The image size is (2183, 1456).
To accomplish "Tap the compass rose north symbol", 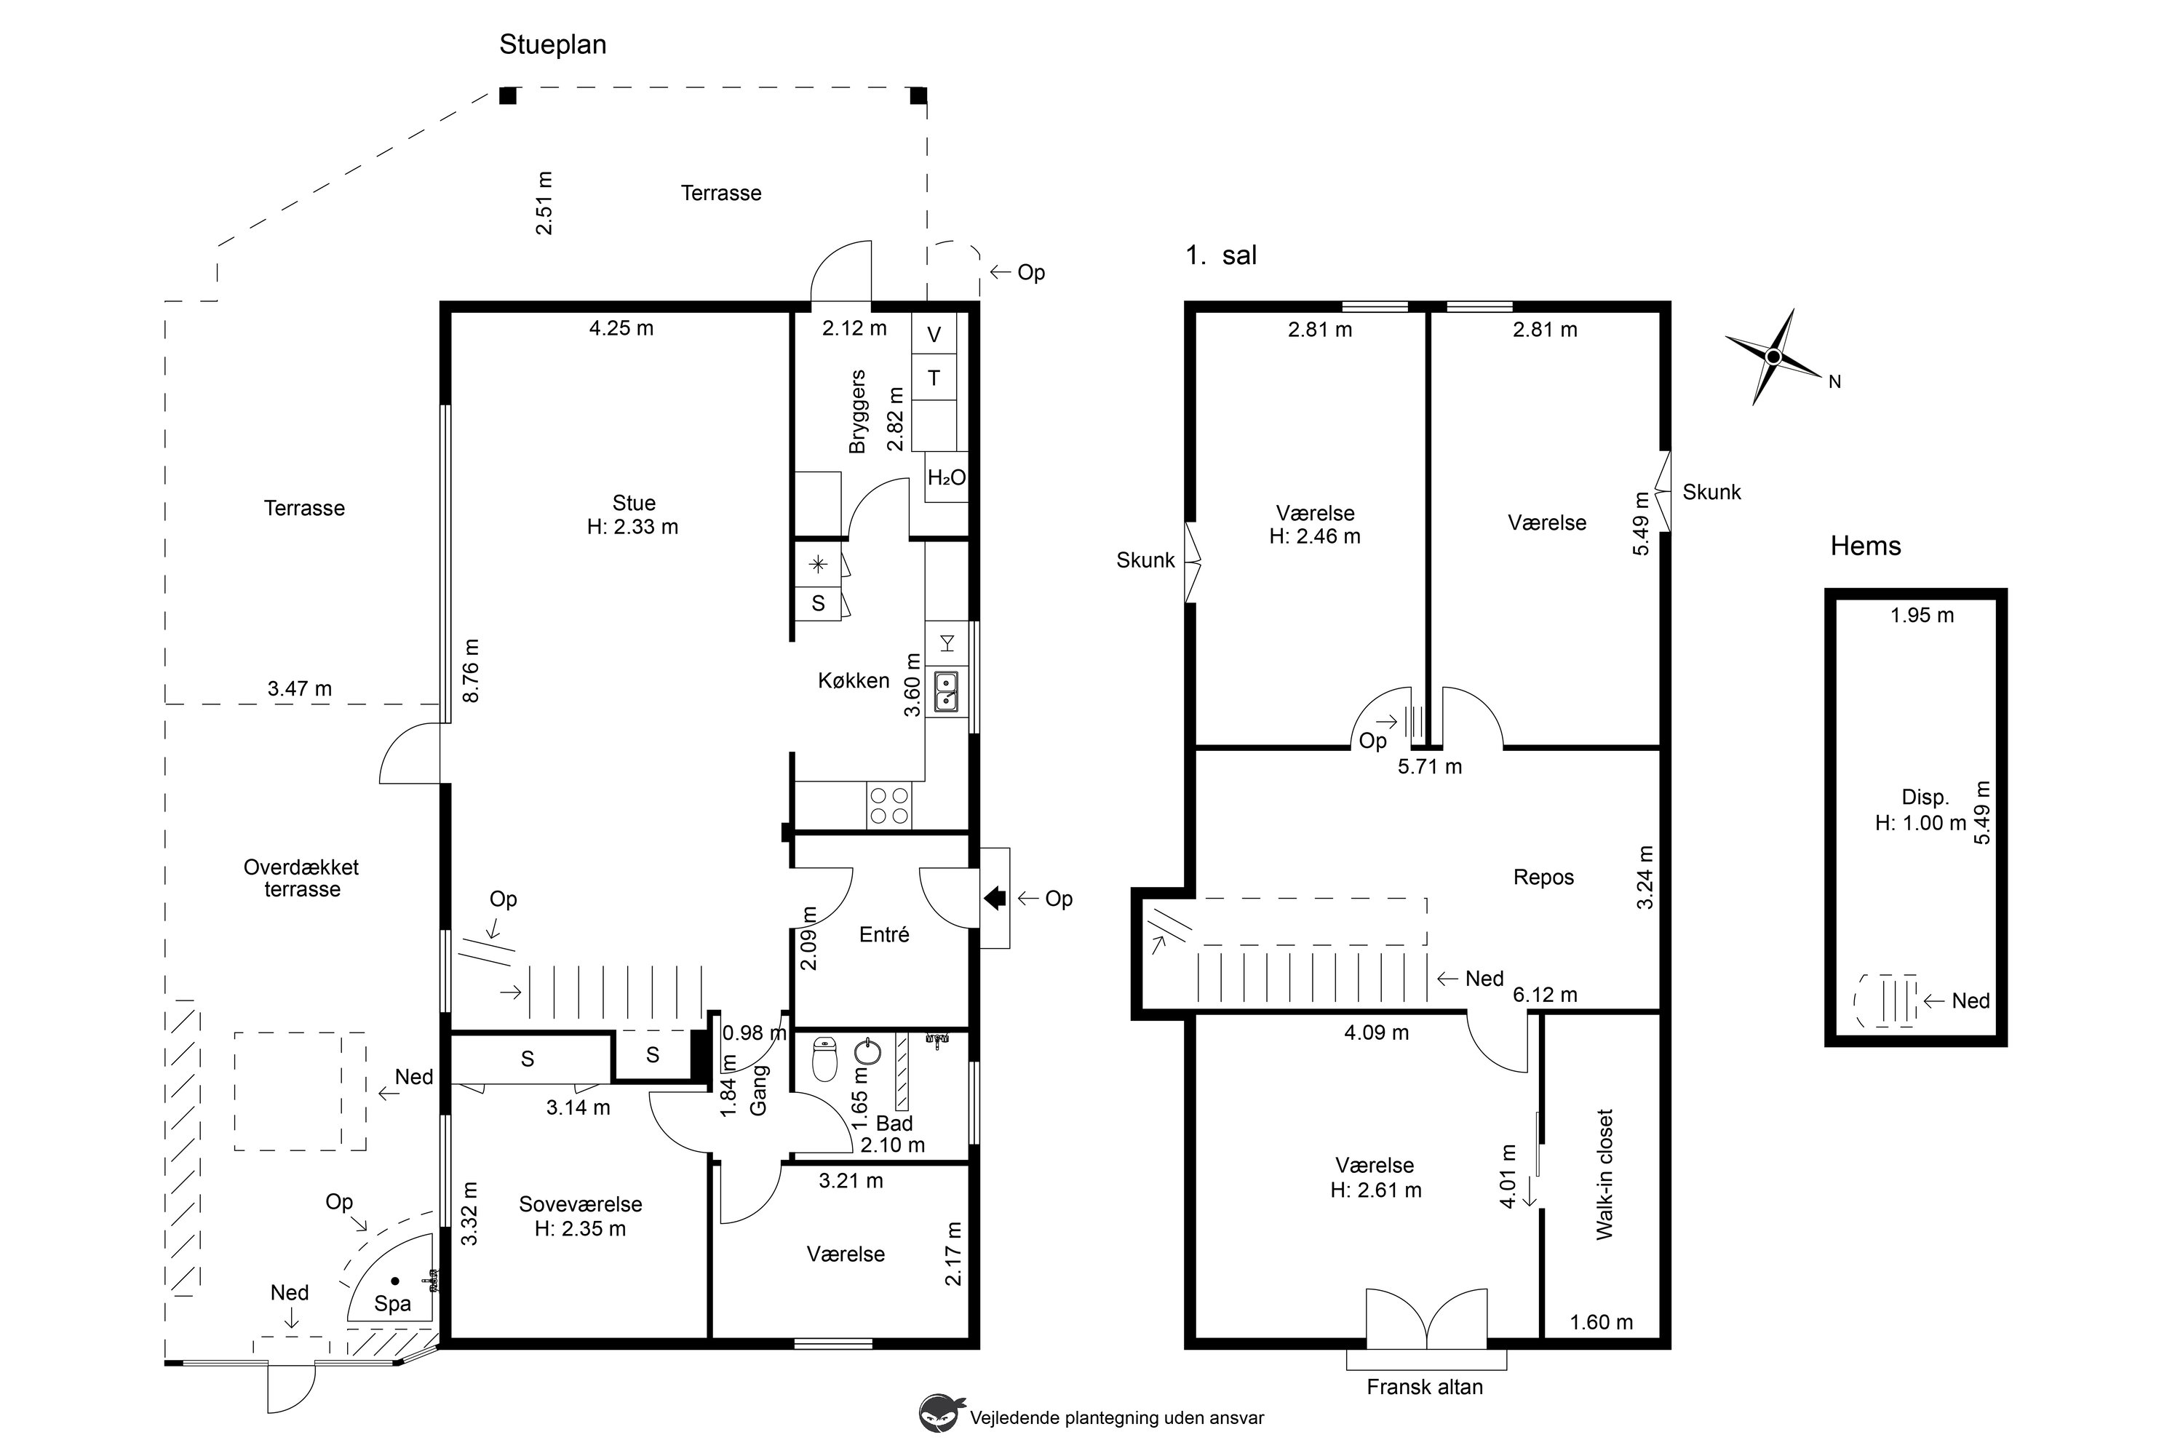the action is pos(1773,357).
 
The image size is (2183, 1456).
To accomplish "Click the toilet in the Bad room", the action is pos(824,1059).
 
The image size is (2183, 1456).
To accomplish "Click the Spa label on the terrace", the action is pos(393,1304).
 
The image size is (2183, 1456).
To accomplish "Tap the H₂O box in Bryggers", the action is pos(946,477).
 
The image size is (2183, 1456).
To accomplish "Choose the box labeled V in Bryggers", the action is pos(934,334).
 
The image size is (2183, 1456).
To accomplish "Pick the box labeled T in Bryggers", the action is pos(934,378).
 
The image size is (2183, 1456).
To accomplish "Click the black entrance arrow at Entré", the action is pos(995,898).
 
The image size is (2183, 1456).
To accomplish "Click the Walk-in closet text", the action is pos(1605,1174).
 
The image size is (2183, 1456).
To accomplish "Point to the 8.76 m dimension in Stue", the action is pos(471,670).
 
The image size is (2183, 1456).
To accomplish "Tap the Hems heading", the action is pos(1866,546).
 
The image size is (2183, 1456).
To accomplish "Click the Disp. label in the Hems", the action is pos(1925,797).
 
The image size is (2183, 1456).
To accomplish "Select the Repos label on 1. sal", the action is pos(1543,878).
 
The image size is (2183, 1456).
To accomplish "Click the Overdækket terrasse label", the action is pos(302,878).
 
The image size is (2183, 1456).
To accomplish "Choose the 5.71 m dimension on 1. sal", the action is pos(1430,767).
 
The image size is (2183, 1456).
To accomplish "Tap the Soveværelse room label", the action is pos(581,1204).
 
